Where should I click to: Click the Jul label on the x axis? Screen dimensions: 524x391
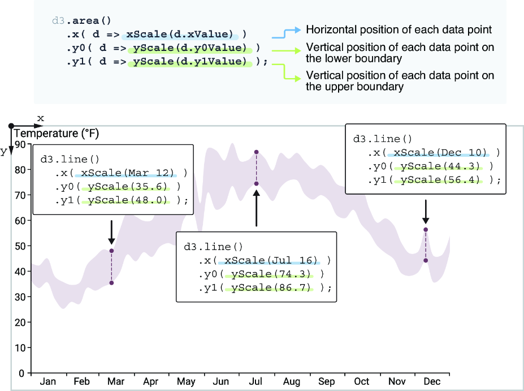255,381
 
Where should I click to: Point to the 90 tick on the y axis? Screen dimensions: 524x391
20,144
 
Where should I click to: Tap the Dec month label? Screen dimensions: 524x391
432,381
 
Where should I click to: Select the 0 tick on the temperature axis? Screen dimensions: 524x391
21,373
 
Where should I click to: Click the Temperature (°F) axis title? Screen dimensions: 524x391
56,134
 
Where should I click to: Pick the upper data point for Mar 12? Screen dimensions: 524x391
111,251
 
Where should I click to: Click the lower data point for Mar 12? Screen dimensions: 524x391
111,283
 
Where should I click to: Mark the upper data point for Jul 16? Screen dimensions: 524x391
256,152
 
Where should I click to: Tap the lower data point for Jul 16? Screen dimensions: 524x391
256,184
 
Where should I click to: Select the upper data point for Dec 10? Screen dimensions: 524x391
426,230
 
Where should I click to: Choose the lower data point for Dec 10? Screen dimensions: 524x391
426,260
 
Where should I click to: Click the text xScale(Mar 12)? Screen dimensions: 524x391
128,173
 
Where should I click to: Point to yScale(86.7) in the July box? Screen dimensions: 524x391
271,287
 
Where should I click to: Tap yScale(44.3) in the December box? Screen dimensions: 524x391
440,166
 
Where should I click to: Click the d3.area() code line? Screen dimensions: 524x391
81,21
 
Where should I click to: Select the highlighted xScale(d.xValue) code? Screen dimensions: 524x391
179,34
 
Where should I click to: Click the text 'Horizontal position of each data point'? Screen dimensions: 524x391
399,30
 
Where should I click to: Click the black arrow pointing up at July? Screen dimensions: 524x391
256,208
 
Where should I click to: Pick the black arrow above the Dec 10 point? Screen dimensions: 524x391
426,212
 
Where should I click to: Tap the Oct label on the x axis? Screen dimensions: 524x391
362,381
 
